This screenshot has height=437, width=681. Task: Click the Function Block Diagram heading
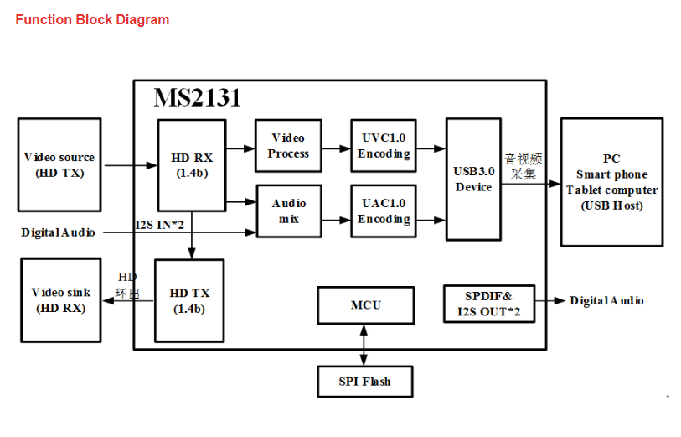[92, 19]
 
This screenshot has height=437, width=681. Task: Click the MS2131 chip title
[197, 98]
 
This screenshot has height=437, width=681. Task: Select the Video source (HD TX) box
[59, 164]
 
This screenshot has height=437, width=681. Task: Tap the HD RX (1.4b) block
[192, 165]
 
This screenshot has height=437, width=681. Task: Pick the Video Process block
[288, 146]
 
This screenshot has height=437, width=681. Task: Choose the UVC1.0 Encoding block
[384, 146]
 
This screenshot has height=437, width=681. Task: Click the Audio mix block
[288, 211]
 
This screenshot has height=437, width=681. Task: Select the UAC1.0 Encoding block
[384, 211]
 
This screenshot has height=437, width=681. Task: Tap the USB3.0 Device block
[473, 179]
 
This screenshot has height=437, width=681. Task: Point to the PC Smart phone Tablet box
[611, 182]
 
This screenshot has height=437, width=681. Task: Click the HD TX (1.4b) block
[190, 300]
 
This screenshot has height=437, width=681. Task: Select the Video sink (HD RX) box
[61, 299]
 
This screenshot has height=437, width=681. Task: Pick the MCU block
[365, 304]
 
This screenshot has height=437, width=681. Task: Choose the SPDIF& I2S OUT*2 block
[488, 304]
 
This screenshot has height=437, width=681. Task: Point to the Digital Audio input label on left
[58, 232]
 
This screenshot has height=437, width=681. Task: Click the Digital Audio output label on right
[606, 300]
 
